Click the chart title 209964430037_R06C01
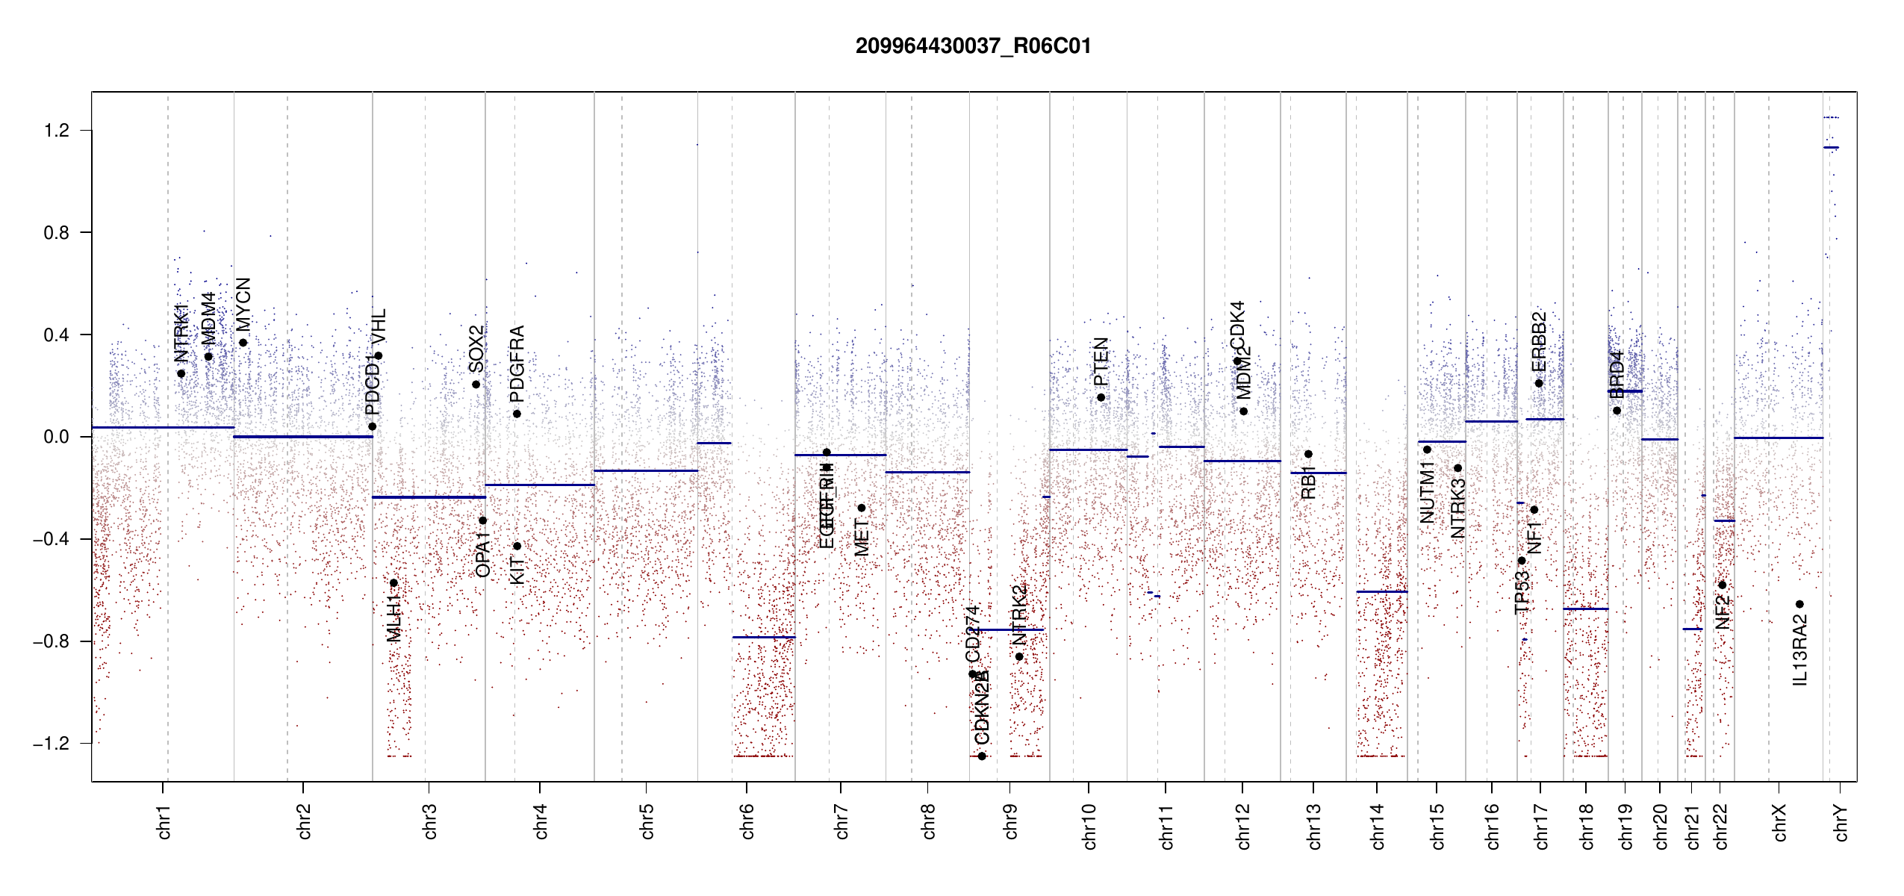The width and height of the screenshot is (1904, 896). tap(973, 46)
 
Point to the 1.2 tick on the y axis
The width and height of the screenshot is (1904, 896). tap(56, 131)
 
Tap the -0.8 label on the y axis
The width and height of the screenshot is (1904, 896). tap(51, 641)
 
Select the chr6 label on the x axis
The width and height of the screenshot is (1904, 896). tap(747, 821)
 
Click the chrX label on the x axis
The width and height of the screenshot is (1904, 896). tap(1779, 822)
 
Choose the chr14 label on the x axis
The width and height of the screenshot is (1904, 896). tap(1378, 826)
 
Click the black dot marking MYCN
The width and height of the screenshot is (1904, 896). tap(243, 343)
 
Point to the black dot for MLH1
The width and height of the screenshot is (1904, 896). tap(393, 583)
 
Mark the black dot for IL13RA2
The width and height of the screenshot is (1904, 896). tap(1799, 604)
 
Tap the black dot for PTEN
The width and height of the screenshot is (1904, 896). tap(1101, 397)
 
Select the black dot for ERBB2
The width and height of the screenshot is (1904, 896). tap(1539, 383)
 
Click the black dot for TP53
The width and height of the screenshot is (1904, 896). tap(1522, 561)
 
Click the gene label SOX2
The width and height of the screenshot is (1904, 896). tap(476, 349)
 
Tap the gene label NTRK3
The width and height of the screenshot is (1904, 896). tap(1457, 508)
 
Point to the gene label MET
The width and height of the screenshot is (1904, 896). tap(861, 538)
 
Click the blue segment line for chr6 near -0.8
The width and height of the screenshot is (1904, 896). tap(763, 637)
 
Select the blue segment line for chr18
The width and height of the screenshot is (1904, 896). tap(1585, 609)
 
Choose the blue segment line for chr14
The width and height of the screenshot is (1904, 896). tap(1381, 591)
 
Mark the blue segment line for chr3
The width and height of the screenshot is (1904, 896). tap(429, 497)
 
